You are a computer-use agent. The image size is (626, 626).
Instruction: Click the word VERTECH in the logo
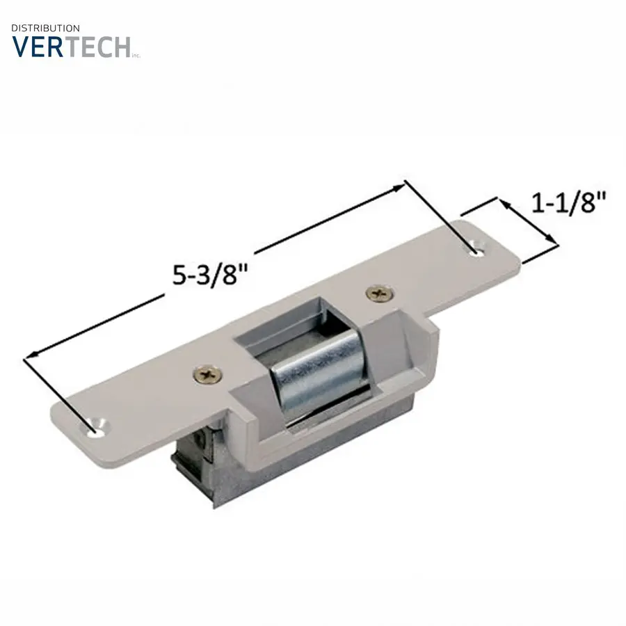pos(72,47)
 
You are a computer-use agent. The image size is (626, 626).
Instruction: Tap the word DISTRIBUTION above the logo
pos(46,28)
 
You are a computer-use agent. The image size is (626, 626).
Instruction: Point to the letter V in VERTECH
pos(22,47)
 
